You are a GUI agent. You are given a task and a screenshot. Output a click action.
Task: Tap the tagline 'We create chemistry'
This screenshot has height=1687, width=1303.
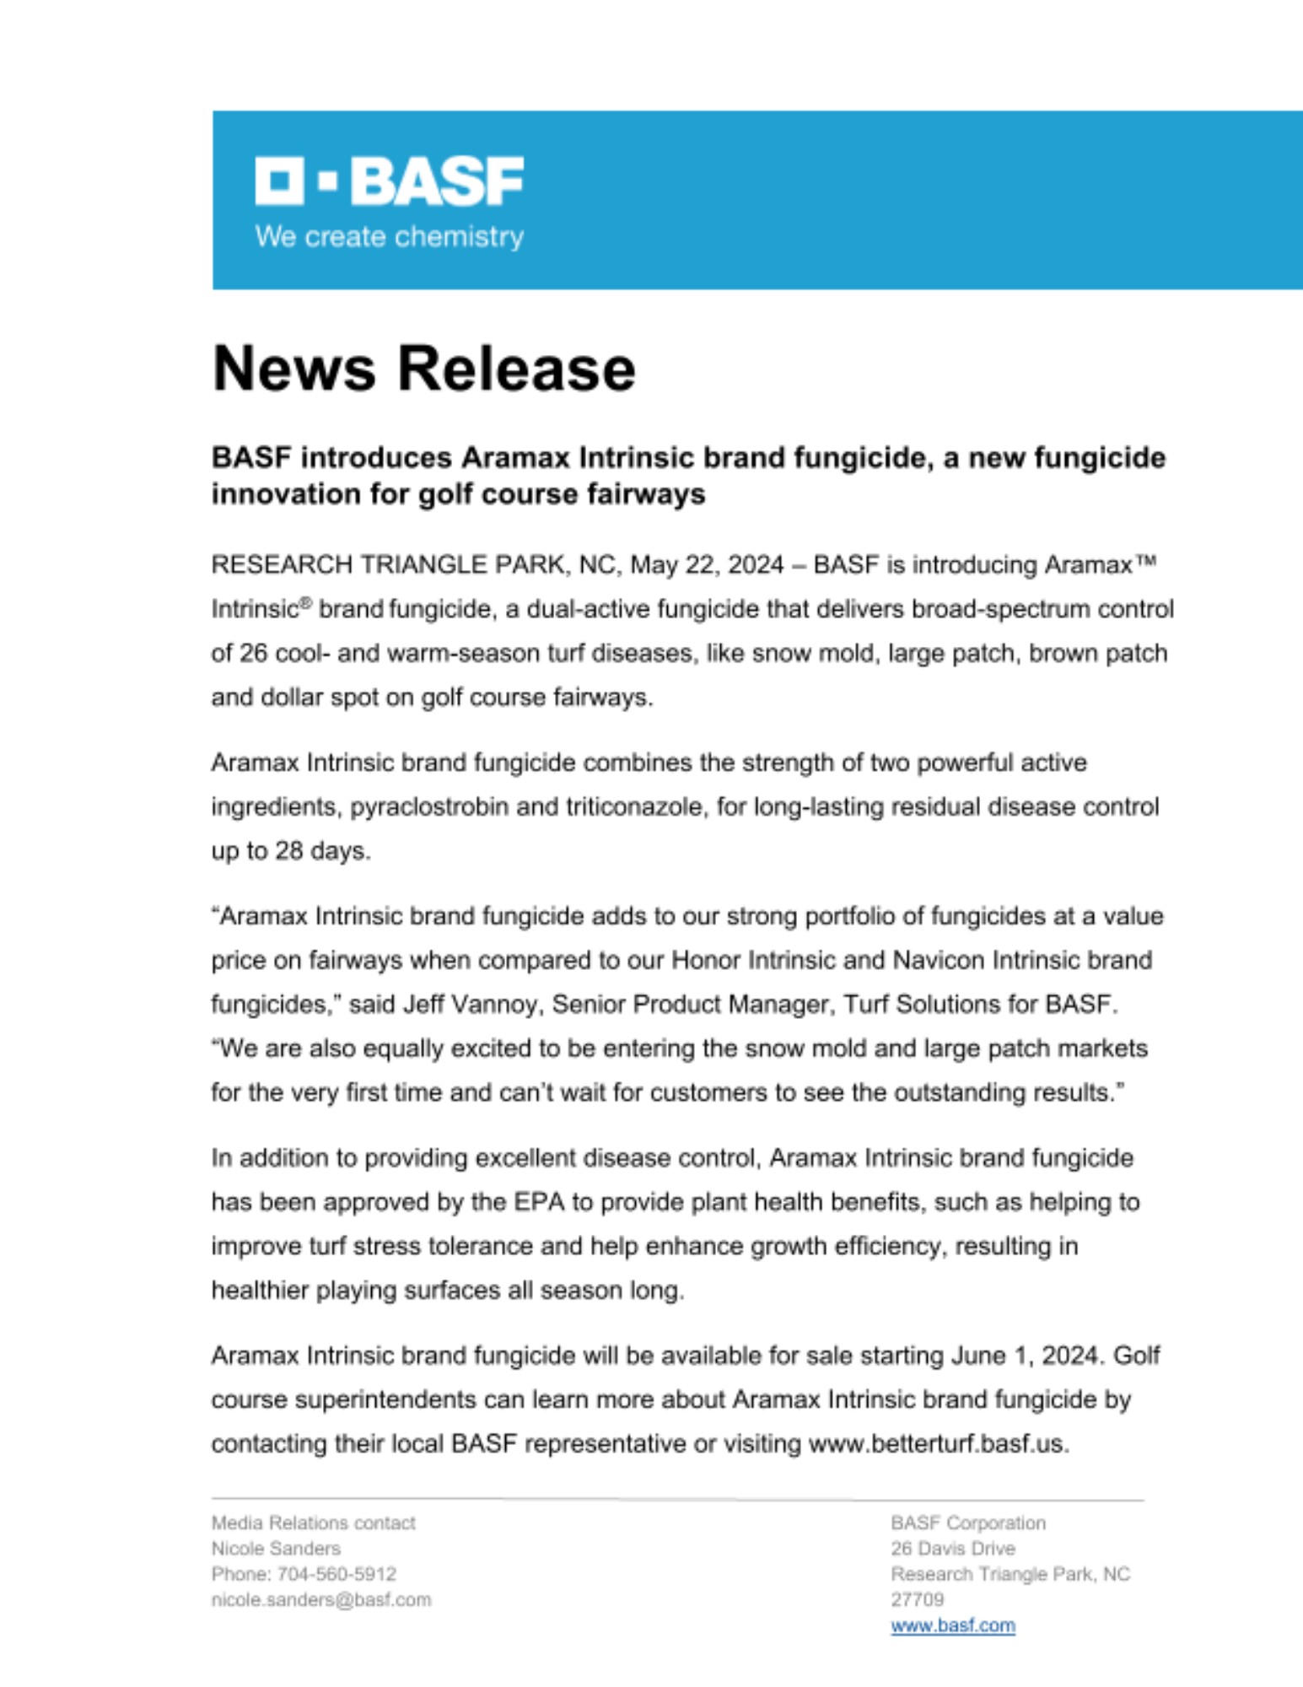[x=389, y=236]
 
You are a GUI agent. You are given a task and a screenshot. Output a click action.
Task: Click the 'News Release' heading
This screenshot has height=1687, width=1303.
[x=423, y=369]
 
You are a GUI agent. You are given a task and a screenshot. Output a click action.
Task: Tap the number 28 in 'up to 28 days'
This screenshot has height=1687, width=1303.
[x=288, y=851]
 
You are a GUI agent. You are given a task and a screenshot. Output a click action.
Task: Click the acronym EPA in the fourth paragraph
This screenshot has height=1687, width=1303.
[x=540, y=1202]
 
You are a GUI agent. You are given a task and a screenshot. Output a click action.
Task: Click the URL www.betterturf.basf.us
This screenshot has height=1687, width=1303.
[x=938, y=1444]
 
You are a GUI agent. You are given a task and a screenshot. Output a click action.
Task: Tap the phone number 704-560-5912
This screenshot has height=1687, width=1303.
[x=337, y=1574]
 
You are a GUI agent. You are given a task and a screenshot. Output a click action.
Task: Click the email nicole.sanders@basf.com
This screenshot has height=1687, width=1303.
[x=320, y=1599]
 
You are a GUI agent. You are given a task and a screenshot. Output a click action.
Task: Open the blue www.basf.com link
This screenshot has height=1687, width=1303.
[x=953, y=1625]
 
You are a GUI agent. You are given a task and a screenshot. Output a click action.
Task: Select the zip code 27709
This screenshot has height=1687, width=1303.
[x=917, y=1599]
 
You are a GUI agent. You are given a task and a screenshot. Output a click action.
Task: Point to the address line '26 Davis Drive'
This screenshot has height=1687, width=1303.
[x=953, y=1548]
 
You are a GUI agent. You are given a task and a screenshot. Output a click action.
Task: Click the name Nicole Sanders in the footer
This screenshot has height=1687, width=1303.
[x=276, y=1548]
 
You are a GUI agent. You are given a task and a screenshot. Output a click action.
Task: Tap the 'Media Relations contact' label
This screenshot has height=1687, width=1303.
[x=313, y=1523]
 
